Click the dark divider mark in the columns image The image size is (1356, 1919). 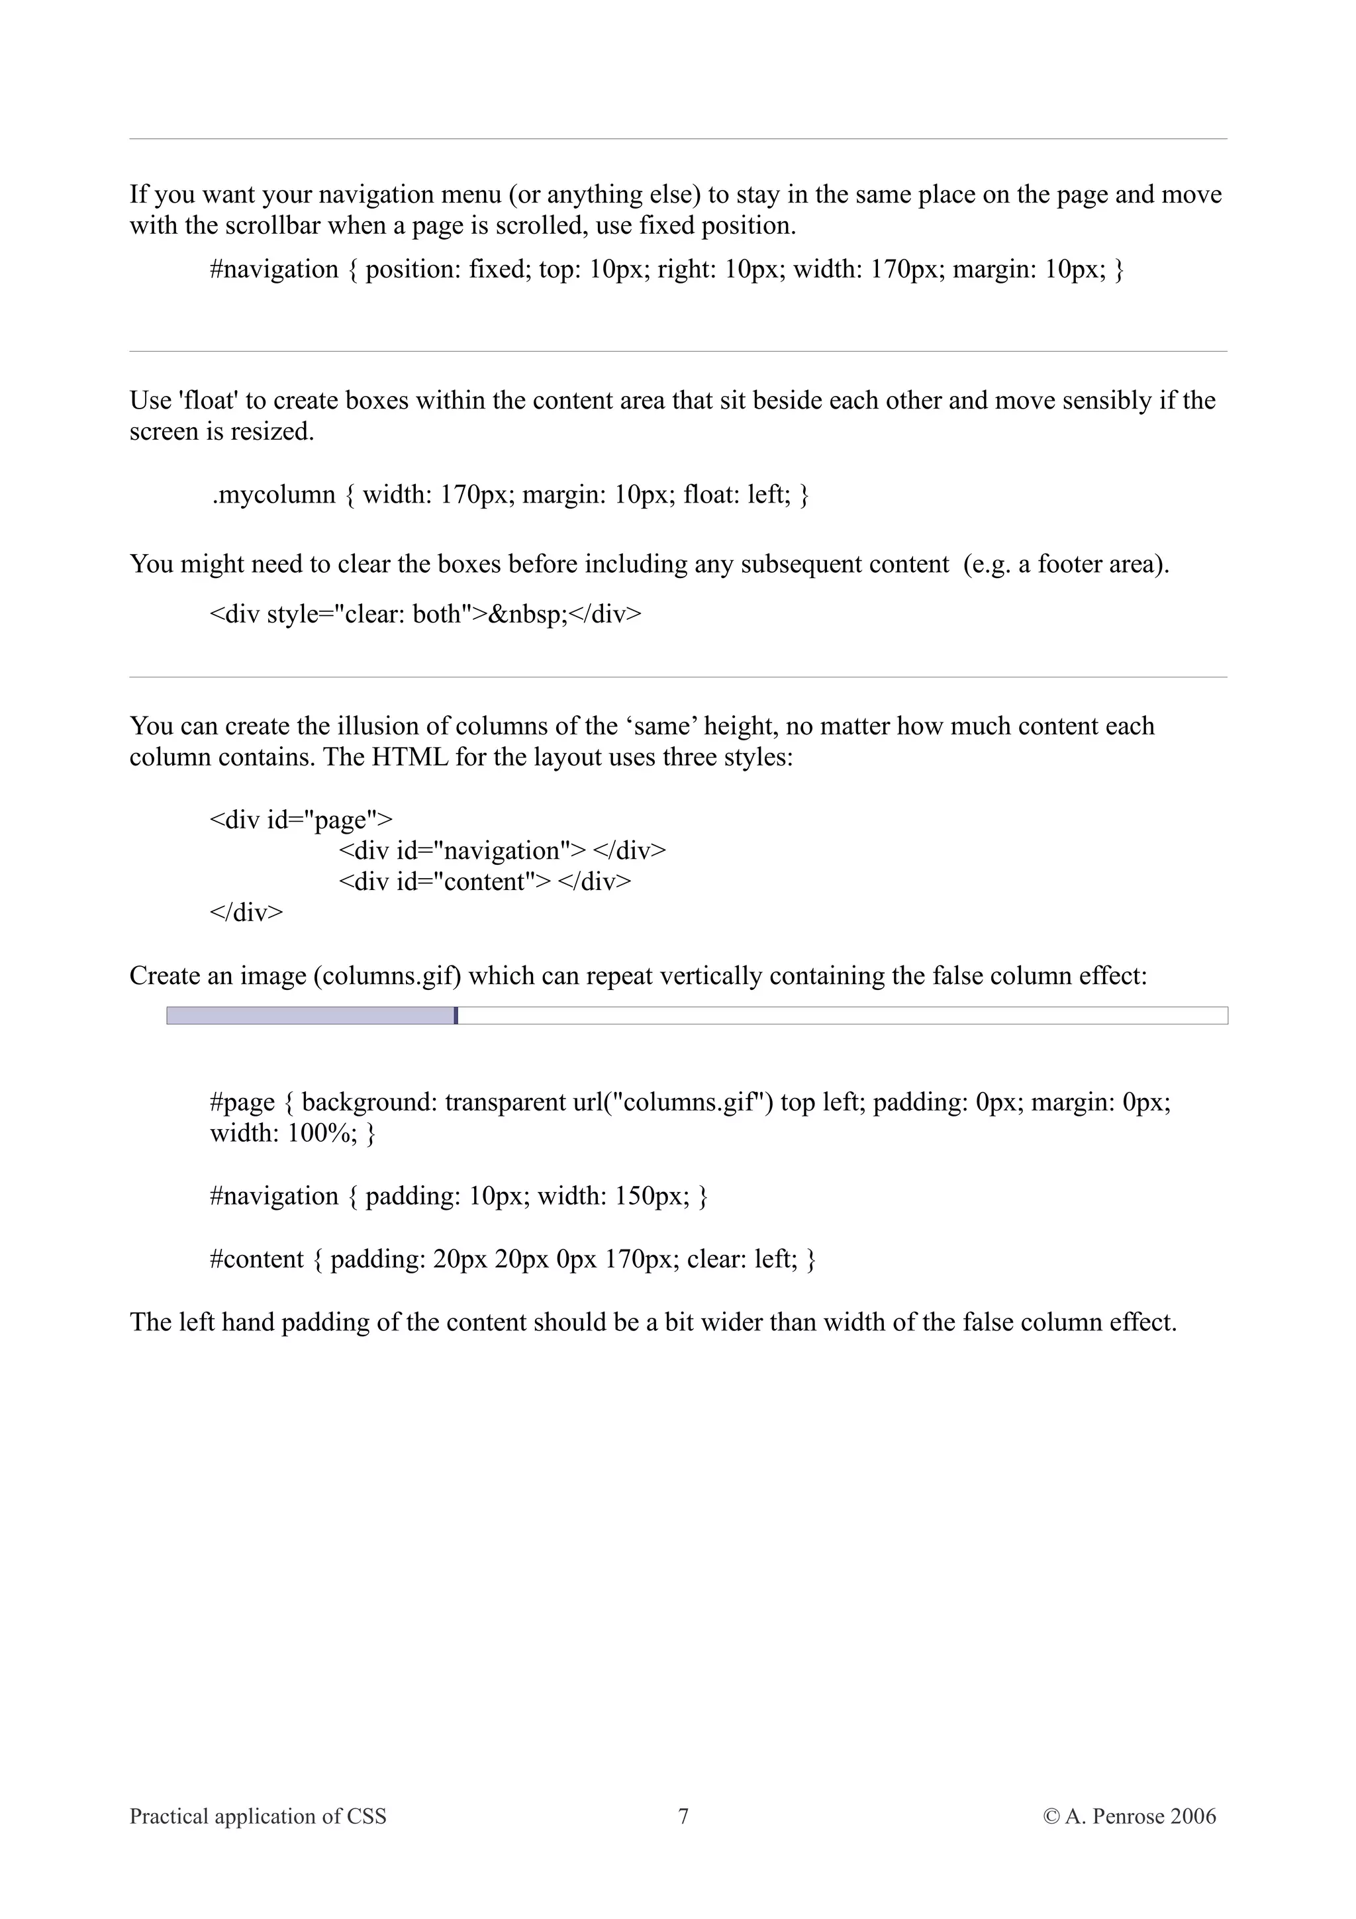click(456, 1016)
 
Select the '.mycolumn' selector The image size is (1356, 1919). click(273, 495)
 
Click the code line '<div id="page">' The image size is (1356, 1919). click(301, 820)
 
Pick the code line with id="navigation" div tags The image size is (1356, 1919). click(502, 851)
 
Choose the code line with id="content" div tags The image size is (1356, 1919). click(485, 882)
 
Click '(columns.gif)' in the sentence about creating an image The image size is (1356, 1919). click(387, 976)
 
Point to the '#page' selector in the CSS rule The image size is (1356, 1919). click(242, 1103)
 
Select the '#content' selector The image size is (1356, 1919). click(256, 1259)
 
